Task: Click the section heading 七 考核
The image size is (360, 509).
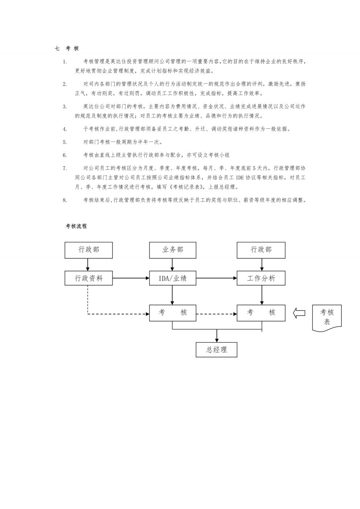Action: pyautogui.click(x=66, y=48)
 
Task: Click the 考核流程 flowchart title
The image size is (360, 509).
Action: pyautogui.click(x=76, y=226)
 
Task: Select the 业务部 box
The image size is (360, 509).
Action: pyautogui.click(x=172, y=250)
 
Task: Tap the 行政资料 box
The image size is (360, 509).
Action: pyautogui.click(x=89, y=278)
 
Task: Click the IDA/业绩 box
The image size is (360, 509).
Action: pyautogui.click(x=172, y=278)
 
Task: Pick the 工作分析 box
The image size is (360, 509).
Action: pyautogui.click(x=261, y=278)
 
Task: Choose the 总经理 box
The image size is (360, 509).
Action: pyautogui.click(x=216, y=349)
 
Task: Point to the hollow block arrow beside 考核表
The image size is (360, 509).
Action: pyautogui.click(x=299, y=313)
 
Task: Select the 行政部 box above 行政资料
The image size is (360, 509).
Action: pyautogui.click(x=89, y=250)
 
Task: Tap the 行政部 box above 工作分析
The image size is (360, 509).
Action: pyautogui.click(x=261, y=250)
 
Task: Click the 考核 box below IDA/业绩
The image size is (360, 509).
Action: pyautogui.click(x=172, y=313)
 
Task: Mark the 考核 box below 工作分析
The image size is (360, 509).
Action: pyautogui.click(x=261, y=313)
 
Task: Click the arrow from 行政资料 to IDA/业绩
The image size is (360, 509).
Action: pyautogui.click(x=131, y=278)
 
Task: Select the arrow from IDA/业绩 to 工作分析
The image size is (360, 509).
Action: pyautogui.click(x=217, y=278)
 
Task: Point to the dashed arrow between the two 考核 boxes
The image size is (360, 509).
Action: pyautogui.click(x=217, y=314)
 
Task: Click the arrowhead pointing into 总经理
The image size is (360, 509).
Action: pyautogui.click(x=217, y=340)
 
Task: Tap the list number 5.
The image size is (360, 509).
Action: pyautogui.click(x=65, y=142)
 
